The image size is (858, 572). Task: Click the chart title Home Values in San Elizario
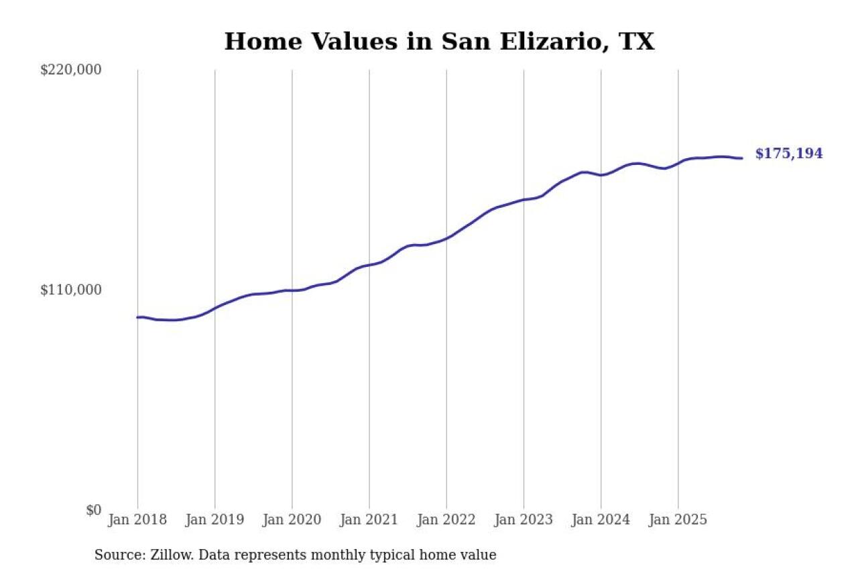(439, 42)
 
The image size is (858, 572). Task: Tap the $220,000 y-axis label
(71, 70)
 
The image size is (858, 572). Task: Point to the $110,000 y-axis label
(71, 290)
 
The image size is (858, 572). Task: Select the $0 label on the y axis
(93, 510)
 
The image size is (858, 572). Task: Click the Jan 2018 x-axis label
(137, 520)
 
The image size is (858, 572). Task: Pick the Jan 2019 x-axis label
(214, 520)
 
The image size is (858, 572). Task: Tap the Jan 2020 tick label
(292, 520)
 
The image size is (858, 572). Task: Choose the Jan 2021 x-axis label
(369, 520)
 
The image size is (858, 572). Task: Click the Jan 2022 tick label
(446, 520)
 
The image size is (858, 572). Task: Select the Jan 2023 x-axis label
(524, 520)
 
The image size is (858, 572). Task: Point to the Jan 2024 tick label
(601, 520)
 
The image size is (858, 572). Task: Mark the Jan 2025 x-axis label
(678, 520)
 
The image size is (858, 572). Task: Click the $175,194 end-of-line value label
(789, 154)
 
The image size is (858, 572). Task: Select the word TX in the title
(635, 42)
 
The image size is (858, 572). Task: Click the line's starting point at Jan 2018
(137, 317)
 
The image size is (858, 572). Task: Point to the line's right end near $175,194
(741, 158)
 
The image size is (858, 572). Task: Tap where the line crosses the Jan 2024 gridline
(601, 175)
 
